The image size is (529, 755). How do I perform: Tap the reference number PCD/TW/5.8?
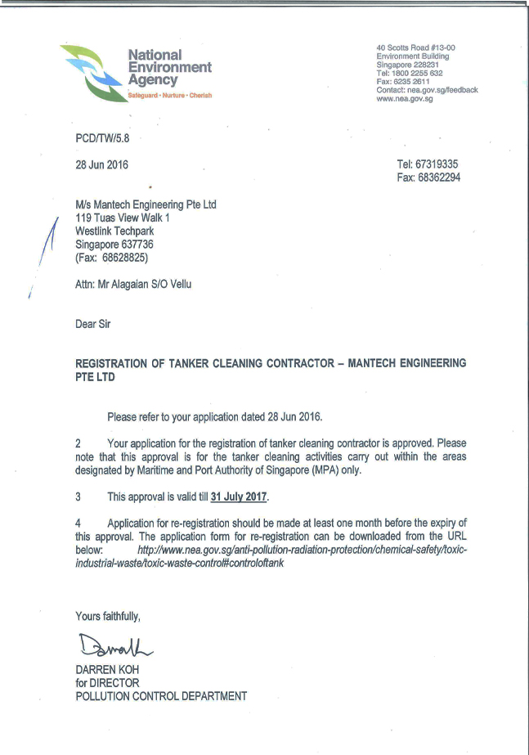(x=102, y=140)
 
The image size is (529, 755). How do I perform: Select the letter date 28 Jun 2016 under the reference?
(x=101, y=164)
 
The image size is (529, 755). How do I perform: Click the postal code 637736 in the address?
(x=135, y=244)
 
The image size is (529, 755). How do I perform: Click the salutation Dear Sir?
(x=92, y=324)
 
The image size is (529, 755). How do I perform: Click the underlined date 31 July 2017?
(x=239, y=497)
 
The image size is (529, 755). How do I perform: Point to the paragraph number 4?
(x=78, y=522)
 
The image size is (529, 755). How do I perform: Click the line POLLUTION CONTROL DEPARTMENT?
(x=161, y=696)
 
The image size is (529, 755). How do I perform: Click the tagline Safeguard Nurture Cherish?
(x=169, y=96)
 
